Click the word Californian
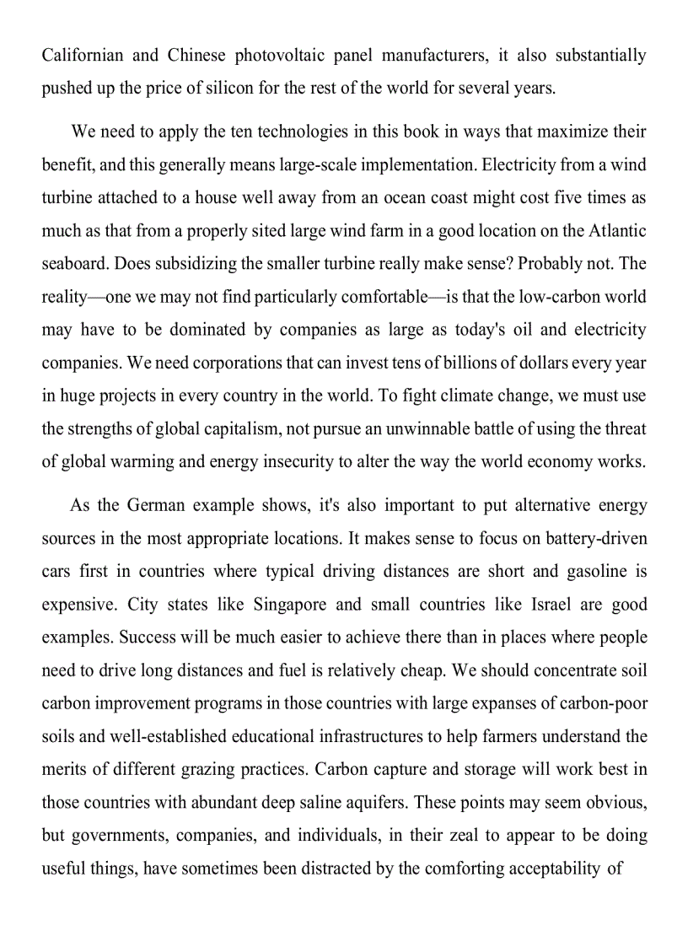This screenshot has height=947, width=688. (x=83, y=56)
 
